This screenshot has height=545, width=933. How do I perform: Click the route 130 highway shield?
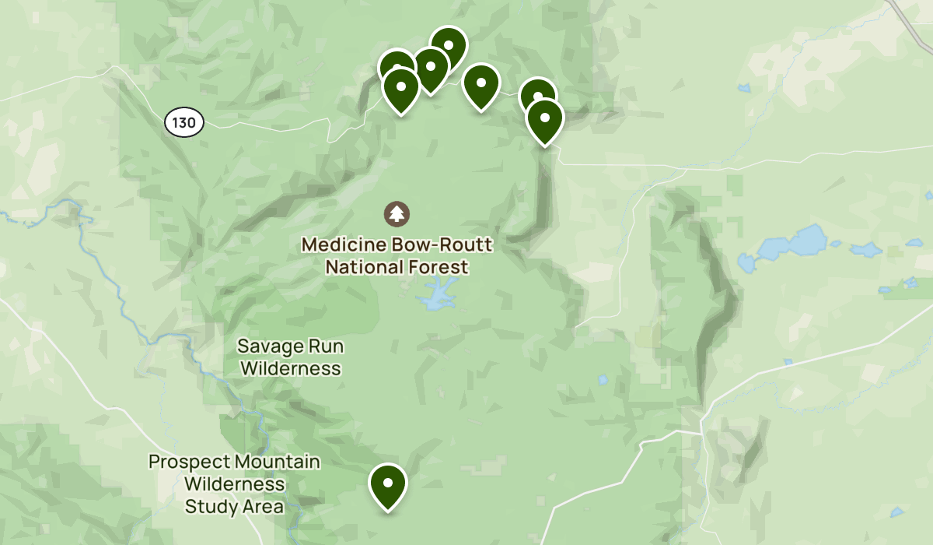pos(184,122)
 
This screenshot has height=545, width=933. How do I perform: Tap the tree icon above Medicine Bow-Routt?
pos(397,213)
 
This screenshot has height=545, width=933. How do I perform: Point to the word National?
pos(361,267)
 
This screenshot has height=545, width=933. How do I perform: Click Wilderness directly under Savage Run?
pos(290,367)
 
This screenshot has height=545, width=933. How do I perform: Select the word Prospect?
pos(184,462)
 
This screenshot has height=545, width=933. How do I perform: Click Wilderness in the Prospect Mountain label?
pos(234,484)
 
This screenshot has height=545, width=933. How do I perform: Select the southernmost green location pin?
pos(388,483)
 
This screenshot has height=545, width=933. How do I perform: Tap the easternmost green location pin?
pos(544,119)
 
